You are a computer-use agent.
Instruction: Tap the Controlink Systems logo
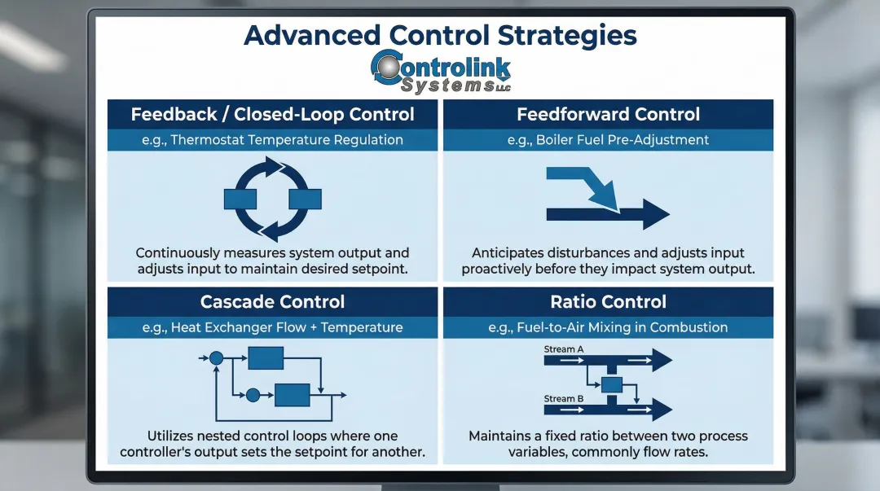440,72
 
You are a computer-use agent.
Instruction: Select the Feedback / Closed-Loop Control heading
272,114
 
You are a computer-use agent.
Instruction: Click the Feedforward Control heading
608,114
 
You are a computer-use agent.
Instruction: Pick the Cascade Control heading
272,302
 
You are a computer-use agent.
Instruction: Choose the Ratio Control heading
608,302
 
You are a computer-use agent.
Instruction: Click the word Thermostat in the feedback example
207,139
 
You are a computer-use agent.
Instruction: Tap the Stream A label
564,349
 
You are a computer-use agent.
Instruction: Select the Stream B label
564,399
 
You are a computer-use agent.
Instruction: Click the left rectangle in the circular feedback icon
240,199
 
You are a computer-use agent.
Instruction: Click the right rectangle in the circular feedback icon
305,199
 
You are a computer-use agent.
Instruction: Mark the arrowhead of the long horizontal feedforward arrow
655,214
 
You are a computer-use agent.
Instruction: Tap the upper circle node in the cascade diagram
216,357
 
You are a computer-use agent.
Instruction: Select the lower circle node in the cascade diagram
253,395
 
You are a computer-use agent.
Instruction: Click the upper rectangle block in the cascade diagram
266,357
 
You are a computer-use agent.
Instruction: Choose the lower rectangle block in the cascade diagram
292,395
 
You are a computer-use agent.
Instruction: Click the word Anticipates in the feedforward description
508,253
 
